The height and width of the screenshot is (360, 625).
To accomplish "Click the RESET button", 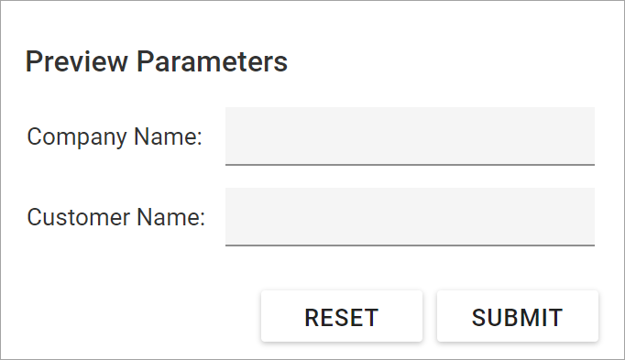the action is click(341, 317).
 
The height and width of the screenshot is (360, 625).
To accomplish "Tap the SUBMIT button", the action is click(517, 317).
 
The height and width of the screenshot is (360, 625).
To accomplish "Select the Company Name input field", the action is click(410, 135).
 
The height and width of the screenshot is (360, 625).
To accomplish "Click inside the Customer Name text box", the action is click(410, 215).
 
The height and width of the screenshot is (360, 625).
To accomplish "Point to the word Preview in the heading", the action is click(77, 62).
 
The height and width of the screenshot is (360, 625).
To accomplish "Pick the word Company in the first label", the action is click(77, 137).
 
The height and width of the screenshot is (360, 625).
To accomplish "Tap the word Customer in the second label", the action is click(78, 218).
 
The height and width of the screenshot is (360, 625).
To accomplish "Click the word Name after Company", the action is click(164, 137).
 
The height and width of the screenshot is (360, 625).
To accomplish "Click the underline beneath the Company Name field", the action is click(410, 164).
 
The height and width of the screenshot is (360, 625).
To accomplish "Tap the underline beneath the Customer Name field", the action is click(410, 245).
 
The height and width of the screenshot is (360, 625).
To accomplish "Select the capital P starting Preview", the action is click(33, 62).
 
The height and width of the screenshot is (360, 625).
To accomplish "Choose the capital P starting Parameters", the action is click(145, 62).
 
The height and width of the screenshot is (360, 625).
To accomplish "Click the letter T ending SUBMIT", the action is click(555, 318).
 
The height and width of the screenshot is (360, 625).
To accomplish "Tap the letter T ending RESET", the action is click(371, 318).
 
